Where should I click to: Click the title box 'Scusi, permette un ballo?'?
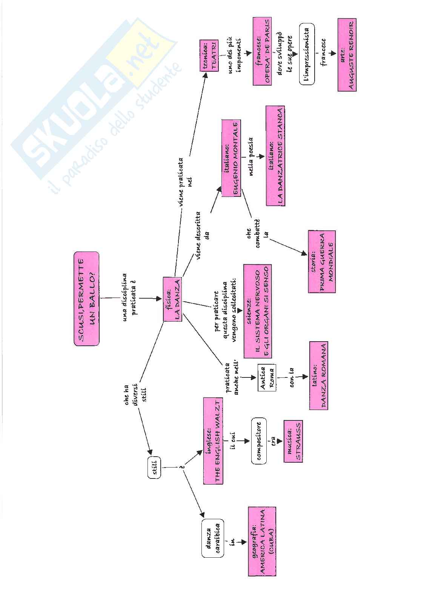pos(87,299)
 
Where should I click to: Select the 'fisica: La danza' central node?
pos(172,299)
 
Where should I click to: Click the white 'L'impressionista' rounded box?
pos(307,55)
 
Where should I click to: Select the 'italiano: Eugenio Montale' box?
pos(231,158)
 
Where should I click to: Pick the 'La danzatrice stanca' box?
pos(275,156)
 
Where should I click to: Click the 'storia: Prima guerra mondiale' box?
pos(322,261)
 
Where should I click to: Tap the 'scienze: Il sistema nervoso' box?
pos(258,311)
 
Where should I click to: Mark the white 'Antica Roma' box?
pos(266,377)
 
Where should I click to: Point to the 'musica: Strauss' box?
pos(293,441)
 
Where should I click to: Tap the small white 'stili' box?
pos(154,468)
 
